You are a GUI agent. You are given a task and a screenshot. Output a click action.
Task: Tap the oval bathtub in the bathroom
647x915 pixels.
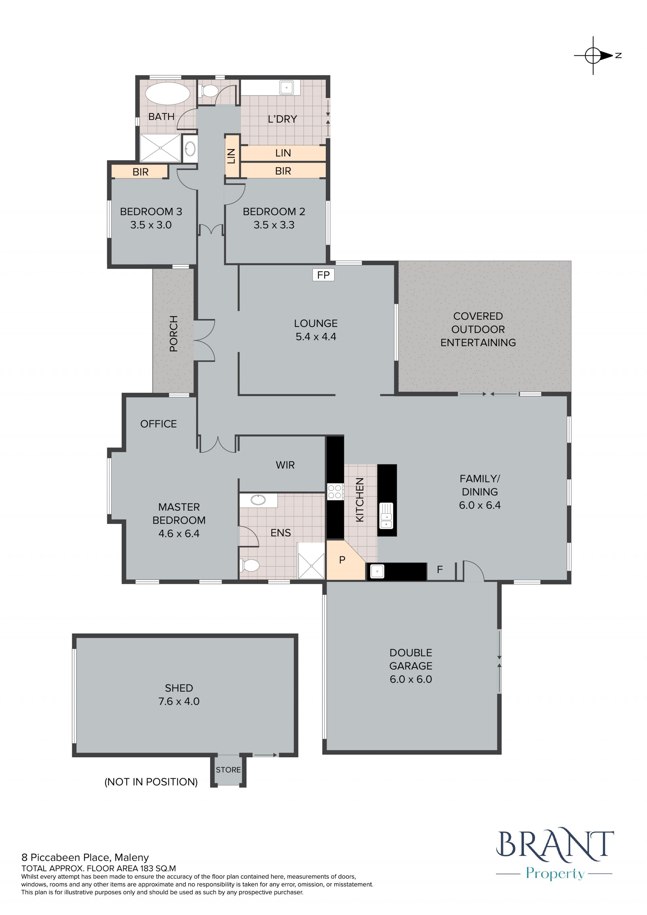[168, 94]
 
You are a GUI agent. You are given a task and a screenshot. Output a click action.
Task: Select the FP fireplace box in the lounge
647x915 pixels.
[323, 275]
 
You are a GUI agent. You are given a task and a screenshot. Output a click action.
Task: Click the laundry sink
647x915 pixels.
[286, 87]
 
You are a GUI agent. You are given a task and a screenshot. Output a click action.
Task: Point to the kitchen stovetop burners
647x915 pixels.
[335, 491]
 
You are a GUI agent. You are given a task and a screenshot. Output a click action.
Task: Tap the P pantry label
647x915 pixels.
[342, 560]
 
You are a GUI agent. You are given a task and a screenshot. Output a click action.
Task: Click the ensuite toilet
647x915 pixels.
[249, 565]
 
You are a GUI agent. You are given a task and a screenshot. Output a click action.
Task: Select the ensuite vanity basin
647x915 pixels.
[258, 500]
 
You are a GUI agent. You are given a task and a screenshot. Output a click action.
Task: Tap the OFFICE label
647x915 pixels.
[159, 424]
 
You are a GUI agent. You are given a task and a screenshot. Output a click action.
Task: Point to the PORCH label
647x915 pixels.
[173, 334]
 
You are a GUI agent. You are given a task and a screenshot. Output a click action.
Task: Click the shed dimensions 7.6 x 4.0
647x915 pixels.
[179, 701]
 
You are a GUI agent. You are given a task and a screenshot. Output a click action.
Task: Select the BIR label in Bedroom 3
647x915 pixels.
[141, 172]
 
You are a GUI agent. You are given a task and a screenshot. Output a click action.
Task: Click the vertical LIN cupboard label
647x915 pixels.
[232, 156]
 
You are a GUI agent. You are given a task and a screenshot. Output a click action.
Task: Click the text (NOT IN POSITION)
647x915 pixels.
[151, 782]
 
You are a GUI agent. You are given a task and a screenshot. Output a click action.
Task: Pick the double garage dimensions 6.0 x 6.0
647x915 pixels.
[411, 679]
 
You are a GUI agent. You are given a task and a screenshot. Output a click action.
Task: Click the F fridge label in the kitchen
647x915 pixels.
[440, 570]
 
